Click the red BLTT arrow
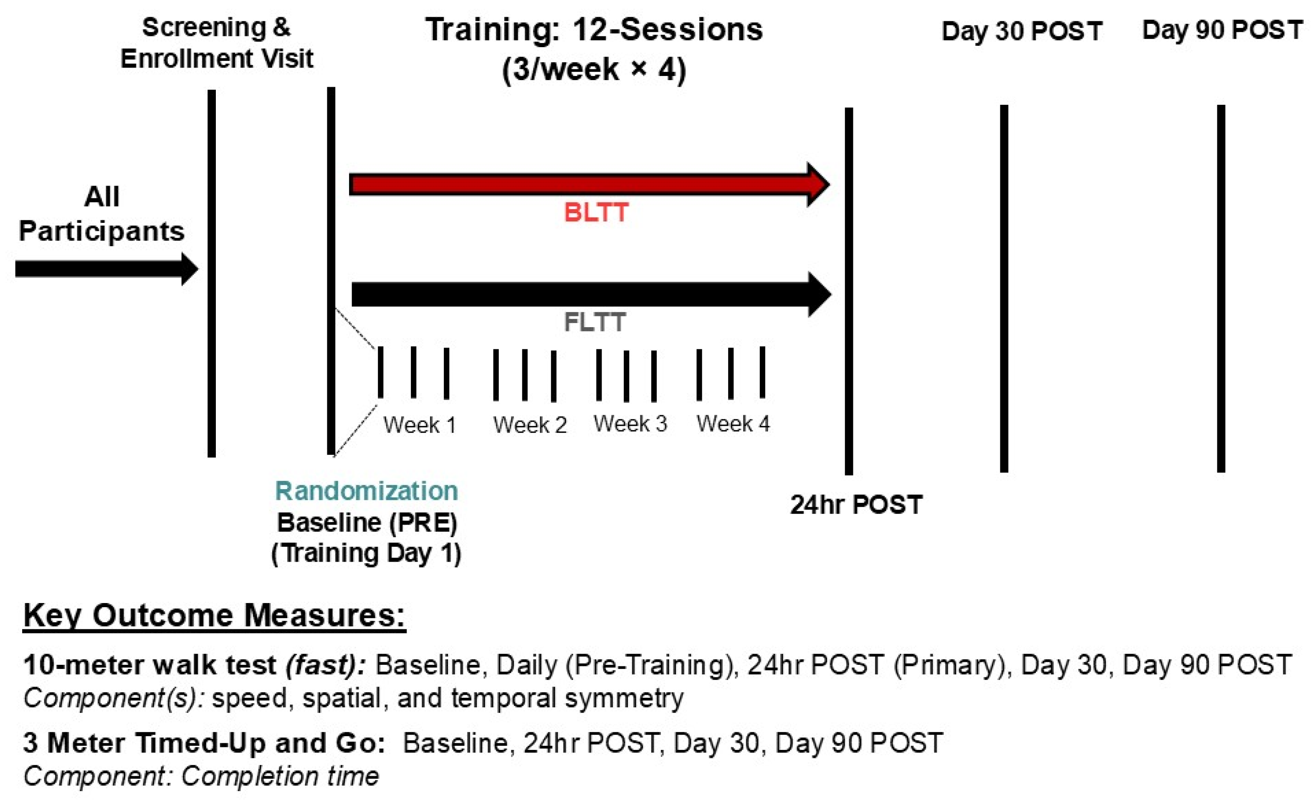[589, 185]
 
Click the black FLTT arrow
[592, 295]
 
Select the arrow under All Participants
[106, 269]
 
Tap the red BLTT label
[596, 212]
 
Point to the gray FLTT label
[595, 322]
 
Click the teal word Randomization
[367, 490]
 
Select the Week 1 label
[420, 424]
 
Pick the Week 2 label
[530, 424]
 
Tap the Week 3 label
[630, 424]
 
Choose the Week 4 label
[733, 424]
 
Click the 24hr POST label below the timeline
[856, 505]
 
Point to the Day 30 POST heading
[1022, 31]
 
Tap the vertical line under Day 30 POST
[1004, 288]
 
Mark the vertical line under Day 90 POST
[1221, 288]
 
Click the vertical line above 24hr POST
[849, 291]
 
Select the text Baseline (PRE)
[367, 522]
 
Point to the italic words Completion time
[280, 776]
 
